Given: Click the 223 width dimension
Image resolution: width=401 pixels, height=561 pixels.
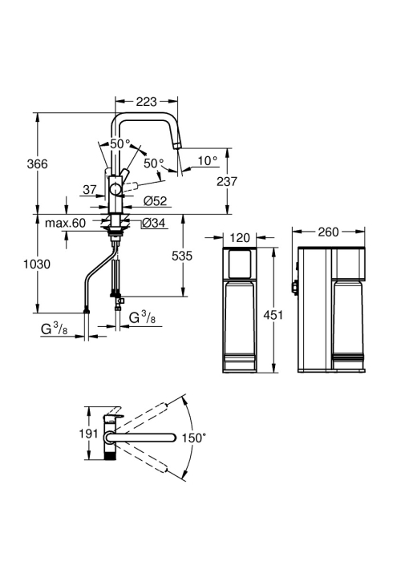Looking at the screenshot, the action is (x=146, y=102).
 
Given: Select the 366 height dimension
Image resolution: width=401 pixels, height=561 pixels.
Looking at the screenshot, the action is (x=37, y=163).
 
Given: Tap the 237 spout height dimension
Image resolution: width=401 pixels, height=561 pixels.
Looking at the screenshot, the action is (x=227, y=181).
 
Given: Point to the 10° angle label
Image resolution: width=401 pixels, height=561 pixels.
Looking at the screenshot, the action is (x=208, y=160).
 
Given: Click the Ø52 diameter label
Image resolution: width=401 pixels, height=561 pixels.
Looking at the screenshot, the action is (x=156, y=200).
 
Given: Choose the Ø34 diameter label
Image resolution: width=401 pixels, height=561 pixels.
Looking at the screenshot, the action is (x=154, y=223).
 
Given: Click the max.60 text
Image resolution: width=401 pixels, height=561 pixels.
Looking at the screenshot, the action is (x=65, y=223).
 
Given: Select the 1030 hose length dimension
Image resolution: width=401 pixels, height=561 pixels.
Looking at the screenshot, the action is (x=37, y=264).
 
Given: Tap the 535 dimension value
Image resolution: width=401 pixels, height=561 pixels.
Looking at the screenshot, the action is (x=182, y=256).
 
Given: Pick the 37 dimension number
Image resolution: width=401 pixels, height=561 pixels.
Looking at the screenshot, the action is (x=90, y=190).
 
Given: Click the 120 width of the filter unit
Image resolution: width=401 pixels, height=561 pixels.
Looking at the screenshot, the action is (x=240, y=237).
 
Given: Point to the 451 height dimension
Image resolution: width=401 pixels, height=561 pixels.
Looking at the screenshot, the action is (x=273, y=315).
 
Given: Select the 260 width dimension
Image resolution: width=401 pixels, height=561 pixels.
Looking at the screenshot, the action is (x=328, y=232).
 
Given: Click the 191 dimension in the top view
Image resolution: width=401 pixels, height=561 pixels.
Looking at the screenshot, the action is (x=88, y=434).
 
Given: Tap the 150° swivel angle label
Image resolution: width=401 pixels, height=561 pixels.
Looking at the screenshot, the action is (x=194, y=438).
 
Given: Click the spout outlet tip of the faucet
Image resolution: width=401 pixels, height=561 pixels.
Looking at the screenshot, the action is (x=177, y=146).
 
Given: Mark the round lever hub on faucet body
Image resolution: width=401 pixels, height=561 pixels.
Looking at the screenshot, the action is (x=115, y=189).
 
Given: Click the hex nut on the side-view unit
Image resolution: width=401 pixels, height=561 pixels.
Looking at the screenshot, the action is (x=294, y=287).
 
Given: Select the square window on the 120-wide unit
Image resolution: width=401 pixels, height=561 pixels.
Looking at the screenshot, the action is (x=240, y=264).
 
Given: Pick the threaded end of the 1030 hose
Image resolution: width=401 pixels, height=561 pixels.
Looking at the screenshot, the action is (x=87, y=310).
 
